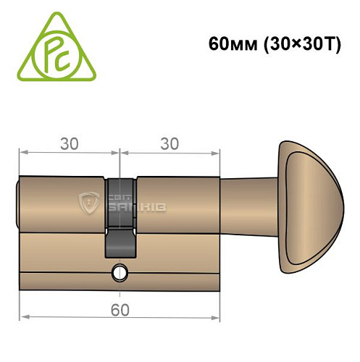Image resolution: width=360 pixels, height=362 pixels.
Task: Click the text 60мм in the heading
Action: pos(226,43)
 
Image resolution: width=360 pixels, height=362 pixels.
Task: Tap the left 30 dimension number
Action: pos(70,143)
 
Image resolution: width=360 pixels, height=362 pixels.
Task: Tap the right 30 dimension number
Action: pos(169,143)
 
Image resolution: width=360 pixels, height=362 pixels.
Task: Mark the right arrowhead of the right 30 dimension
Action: pos(216,153)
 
